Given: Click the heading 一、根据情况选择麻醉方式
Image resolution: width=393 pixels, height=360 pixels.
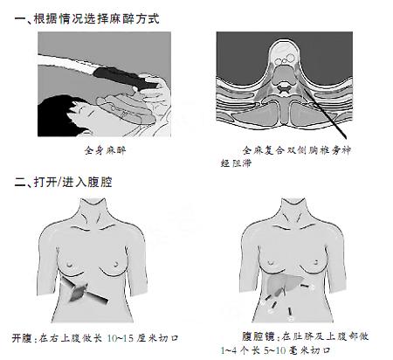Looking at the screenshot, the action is tap(87, 19).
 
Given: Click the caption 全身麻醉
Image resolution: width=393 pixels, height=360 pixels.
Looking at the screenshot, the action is tap(105, 150).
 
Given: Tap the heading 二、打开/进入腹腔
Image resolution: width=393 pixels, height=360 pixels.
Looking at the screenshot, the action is tap(63, 183).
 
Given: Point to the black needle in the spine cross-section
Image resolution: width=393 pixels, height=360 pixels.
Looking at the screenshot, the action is tap(325, 114).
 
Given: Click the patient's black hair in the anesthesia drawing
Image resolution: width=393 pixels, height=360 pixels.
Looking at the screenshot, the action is tap(57, 115).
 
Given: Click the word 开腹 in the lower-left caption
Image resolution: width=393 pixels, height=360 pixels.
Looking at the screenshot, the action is tap(22, 338).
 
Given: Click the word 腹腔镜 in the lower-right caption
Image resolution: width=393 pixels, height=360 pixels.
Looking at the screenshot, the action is tap(259, 336).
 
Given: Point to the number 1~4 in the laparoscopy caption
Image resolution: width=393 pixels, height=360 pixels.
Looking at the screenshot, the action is tap(228, 350).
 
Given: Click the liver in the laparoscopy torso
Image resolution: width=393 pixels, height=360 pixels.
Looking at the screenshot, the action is tap(283, 283).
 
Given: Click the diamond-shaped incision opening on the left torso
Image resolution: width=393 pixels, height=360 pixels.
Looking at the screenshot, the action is tap(79, 292).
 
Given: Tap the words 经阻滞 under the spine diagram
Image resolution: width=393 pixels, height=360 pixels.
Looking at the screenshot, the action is tap(236, 163).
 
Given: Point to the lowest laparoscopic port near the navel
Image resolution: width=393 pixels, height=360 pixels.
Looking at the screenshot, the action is tap(290, 312).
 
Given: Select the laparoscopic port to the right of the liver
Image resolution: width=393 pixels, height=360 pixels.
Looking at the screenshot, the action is tap(305, 286).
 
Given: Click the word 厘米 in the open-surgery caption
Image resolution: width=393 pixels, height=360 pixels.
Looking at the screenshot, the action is tap(148, 338).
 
